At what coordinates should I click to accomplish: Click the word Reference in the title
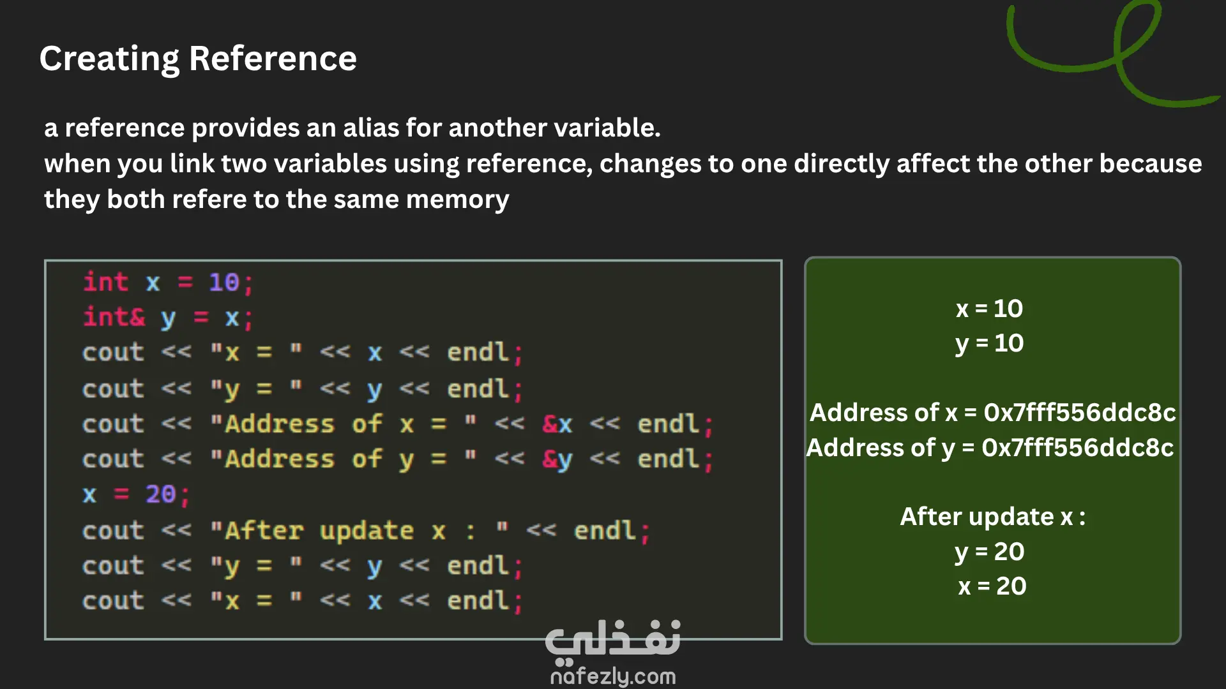pyautogui.click(x=273, y=58)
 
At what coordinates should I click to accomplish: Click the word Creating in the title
pyautogui.click(x=110, y=59)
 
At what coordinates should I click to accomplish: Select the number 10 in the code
pyautogui.click(x=224, y=283)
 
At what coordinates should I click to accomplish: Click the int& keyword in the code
pyautogui.click(x=114, y=317)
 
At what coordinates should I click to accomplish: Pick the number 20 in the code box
pyautogui.click(x=160, y=494)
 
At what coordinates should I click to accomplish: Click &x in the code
pyautogui.click(x=557, y=424)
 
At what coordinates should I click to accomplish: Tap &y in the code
pyautogui.click(x=557, y=459)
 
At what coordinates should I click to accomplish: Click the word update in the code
pyautogui.click(x=367, y=531)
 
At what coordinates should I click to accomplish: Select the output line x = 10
pyautogui.click(x=990, y=309)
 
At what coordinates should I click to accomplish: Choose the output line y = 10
pyautogui.click(x=990, y=344)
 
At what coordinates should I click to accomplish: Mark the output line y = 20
pyautogui.click(x=990, y=552)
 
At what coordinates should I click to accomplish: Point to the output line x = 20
pyautogui.click(x=992, y=586)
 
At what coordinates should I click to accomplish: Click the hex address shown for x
pyautogui.click(x=1080, y=413)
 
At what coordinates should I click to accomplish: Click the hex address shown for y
pyautogui.click(x=1078, y=448)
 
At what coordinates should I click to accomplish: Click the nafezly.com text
pyautogui.click(x=613, y=676)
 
